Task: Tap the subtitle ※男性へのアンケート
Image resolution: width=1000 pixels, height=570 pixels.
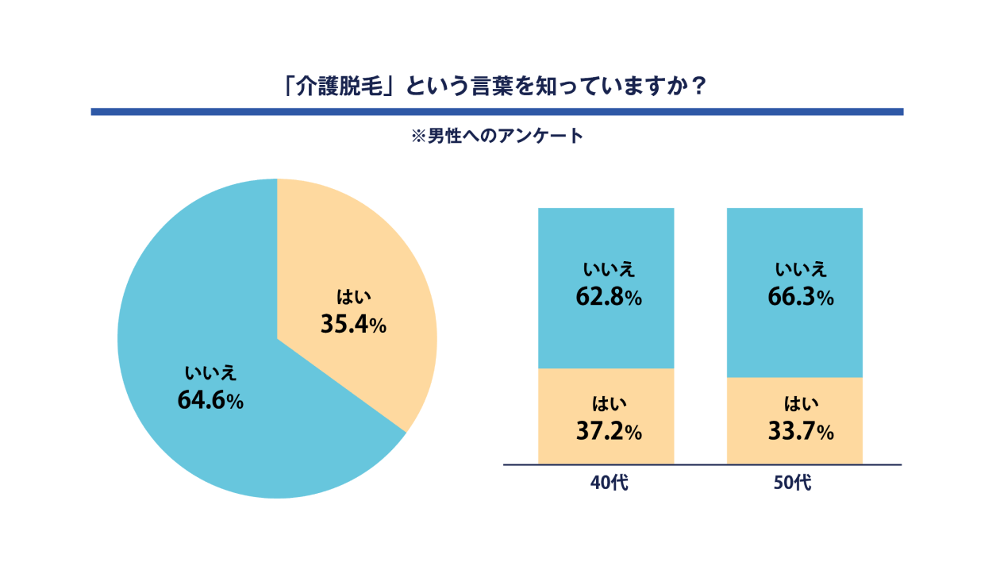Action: [x=497, y=136]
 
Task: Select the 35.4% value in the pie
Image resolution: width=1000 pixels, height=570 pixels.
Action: [x=353, y=324]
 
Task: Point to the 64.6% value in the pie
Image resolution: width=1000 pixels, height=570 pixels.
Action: [x=210, y=400]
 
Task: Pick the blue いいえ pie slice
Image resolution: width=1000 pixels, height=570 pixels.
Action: [x=198, y=318]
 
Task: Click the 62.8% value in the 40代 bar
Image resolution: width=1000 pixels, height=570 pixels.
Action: [x=608, y=298]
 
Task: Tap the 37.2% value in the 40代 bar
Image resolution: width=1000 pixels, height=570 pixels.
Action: [x=608, y=432]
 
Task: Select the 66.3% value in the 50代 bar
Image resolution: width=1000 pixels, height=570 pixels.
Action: [x=800, y=298]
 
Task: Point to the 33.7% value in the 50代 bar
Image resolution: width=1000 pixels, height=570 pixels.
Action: [x=800, y=432]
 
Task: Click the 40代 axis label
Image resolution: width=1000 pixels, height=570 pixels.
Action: [x=609, y=482]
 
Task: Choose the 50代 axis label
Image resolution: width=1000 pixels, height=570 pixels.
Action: [x=793, y=482]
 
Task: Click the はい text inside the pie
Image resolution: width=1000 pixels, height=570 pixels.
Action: [x=354, y=298]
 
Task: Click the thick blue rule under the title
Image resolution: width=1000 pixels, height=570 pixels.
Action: [x=497, y=112]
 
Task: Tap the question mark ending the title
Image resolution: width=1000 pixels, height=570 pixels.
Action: [x=698, y=86]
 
